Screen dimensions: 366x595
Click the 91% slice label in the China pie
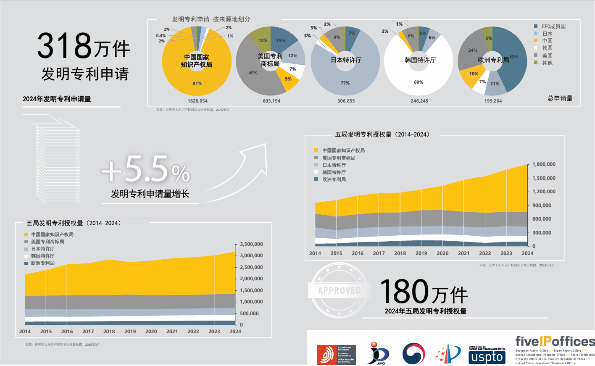click(x=197, y=83)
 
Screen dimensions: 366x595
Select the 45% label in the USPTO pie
click(x=253, y=73)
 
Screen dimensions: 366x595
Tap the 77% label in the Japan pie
click(x=345, y=83)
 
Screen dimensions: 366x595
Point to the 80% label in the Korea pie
click(x=419, y=82)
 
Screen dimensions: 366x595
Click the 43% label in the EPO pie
click(x=514, y=57)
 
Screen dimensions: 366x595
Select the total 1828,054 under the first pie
click(x=197, y=101)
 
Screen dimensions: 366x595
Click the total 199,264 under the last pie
click(x=493, y=101)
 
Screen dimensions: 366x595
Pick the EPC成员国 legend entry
click(x=553, y=26)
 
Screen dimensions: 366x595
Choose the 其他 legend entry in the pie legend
click(x=547, y=63)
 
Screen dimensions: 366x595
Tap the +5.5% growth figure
click(x=146, y=170)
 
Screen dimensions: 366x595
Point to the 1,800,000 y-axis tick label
click(x=544, y=164)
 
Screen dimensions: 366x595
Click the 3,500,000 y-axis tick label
click(x=251, y=244)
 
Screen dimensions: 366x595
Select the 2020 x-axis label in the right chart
click(x=442, y=253)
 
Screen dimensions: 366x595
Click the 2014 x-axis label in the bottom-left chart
click(x=25, y=332)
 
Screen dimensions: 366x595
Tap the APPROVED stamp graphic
click(x=340, y=290)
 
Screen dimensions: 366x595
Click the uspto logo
click(x=487, y=357)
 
